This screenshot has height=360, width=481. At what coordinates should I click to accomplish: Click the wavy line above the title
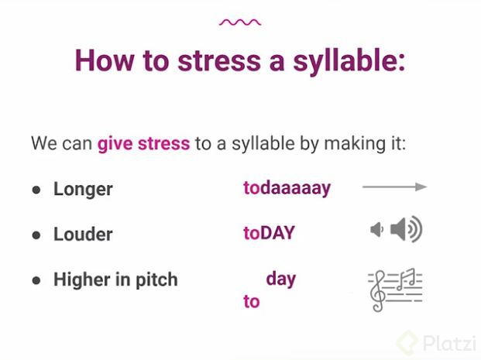239,22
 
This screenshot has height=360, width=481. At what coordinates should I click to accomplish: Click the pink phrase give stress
143,143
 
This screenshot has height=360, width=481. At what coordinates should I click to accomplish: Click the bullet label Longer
83,188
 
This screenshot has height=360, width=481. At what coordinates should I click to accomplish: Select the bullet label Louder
83,234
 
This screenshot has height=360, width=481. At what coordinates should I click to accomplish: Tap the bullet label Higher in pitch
115,280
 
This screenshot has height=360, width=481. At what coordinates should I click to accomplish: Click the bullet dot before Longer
36,189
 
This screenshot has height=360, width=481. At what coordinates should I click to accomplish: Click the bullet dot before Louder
36,235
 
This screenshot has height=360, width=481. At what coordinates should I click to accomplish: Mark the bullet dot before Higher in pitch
36,280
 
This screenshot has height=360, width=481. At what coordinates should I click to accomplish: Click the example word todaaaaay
287,188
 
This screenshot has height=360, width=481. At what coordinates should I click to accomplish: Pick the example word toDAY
269,233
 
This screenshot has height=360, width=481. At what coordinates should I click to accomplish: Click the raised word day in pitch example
280,279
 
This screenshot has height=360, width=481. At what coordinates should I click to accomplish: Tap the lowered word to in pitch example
251,301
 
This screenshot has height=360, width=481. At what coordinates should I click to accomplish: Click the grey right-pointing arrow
394,187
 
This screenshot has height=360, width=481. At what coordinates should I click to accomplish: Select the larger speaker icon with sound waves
407,230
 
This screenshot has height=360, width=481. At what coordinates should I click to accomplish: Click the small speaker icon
377,230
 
